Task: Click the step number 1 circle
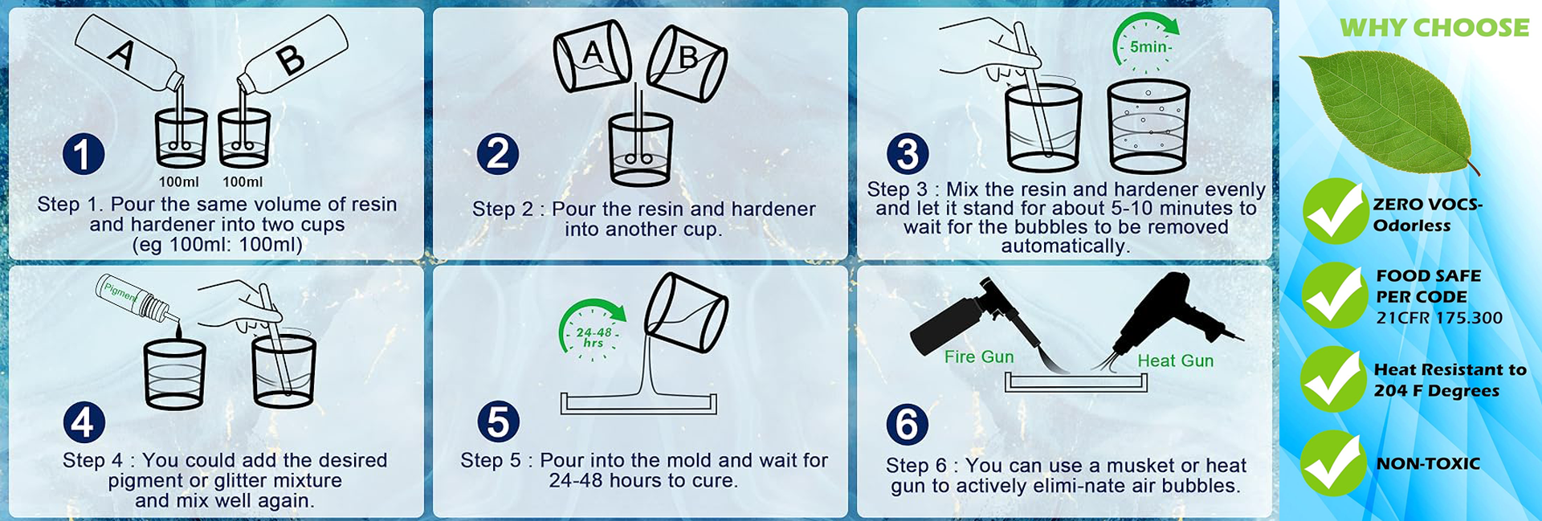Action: click(84, 153)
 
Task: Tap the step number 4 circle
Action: click(84, 422)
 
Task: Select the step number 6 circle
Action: click(907, 425)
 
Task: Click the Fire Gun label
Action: click(979, 357)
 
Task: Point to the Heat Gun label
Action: click(1176, 361)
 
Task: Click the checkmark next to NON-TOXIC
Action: click(1333, 463)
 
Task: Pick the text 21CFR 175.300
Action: click(1439, 318)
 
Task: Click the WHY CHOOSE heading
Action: click(1434, 27)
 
